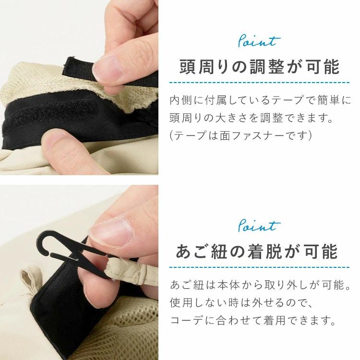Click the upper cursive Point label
[259, 42]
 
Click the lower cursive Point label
[259, 225]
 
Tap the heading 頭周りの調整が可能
[259, 67]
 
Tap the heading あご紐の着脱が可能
[257, 252]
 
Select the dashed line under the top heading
[259, 82]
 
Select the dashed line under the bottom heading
[259, 267]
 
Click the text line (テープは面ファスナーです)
[240, 135]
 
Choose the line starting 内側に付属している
[260, 100]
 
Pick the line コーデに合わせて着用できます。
[253, 320]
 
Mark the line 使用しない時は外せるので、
[241, 302]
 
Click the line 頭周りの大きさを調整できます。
[252, 118]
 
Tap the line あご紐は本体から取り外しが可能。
[260, 285]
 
